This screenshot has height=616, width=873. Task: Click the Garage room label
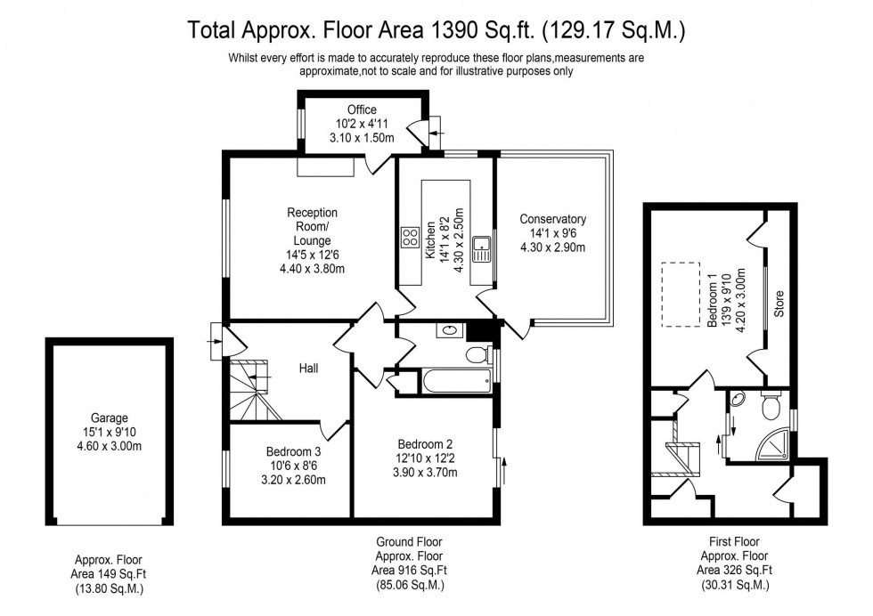click(109, 417)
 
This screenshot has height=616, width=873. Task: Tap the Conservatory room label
click(552, 219)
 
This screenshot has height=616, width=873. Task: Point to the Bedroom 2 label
click(425, 444)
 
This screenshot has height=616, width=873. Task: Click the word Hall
click(309, 368)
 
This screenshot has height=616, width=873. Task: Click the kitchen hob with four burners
click(411, 237)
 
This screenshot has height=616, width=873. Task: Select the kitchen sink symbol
click(482, 247)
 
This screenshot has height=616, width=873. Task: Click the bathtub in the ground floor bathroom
click(455, 381)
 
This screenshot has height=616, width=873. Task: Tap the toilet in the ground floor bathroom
click(477, 355)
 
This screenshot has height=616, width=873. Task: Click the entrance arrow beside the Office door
click(434, 134)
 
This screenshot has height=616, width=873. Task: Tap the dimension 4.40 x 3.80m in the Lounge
click(312, 267)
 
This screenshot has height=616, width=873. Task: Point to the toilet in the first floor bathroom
click(771, 408)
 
